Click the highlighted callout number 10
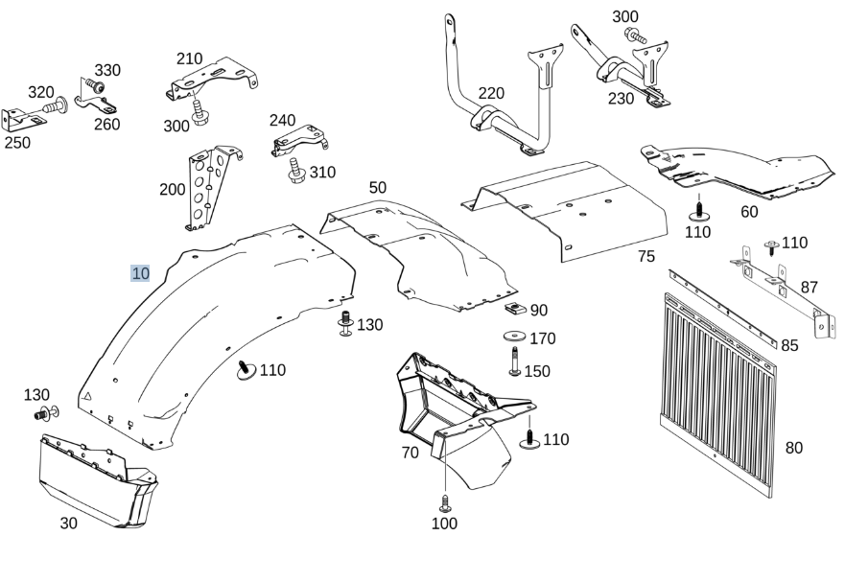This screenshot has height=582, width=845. [140, 273]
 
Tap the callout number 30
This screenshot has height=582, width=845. [68, 523]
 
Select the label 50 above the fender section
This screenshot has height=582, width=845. [378, 187]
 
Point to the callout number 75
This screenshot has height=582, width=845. [646, 256]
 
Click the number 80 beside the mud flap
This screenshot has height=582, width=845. [794, 447]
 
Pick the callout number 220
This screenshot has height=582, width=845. [491, 93]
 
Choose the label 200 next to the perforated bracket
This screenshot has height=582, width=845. [173, 189]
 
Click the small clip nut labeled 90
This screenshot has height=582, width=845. [515, 309]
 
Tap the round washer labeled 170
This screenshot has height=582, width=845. [515, 337]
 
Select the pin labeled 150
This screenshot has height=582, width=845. [515, 361]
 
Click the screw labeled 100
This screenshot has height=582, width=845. [445, 504]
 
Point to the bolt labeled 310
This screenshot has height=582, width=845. [296, 171]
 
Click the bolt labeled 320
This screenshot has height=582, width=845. [56, 105]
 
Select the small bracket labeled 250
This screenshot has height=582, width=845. [23, 119]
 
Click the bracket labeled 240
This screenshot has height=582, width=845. [299, 140]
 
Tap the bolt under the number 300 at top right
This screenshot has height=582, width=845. [637, 37]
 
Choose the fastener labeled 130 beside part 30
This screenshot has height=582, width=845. [46, 414]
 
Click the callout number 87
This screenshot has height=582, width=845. [809, 288]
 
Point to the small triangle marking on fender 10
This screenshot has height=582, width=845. [86, 397]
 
